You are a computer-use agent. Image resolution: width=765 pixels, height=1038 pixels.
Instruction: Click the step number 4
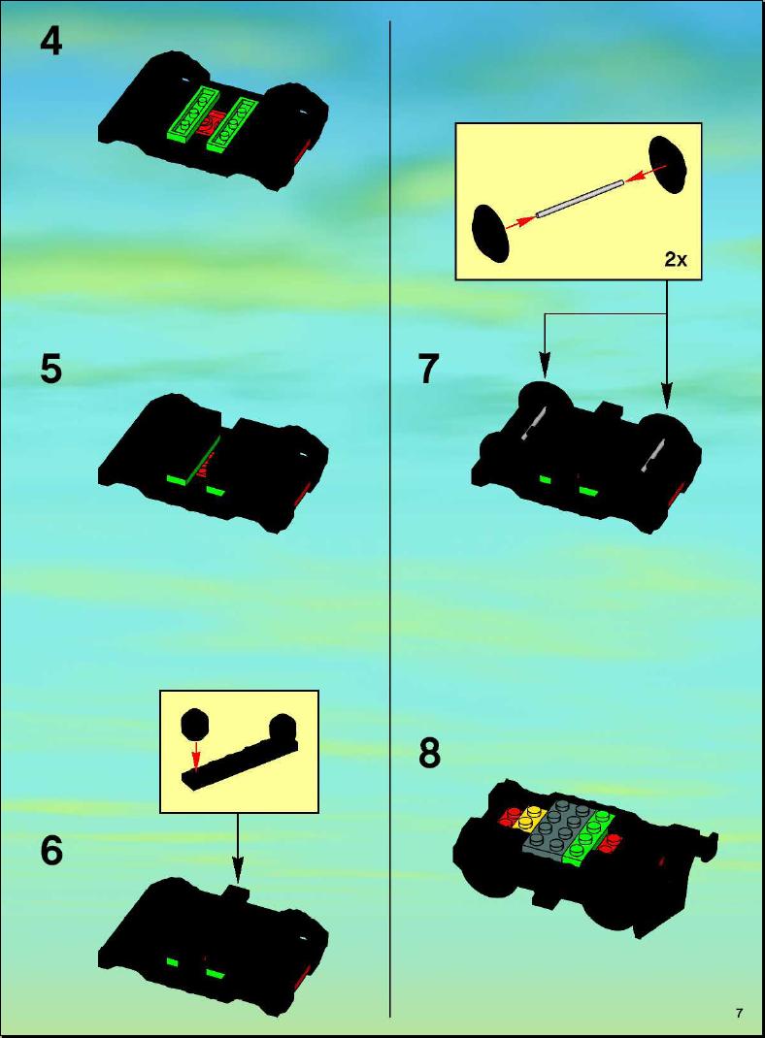[x=51, y=42]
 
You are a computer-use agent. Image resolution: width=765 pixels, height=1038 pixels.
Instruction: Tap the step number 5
[x=51, y=370]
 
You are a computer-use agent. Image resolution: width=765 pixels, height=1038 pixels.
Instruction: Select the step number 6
[x=51, y=851]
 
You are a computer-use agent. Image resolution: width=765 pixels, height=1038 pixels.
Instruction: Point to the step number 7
[x=428, y=370]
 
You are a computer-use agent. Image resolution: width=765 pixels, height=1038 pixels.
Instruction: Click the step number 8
[x=429, y=754]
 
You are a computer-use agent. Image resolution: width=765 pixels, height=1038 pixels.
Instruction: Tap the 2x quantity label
[x=676, y=260]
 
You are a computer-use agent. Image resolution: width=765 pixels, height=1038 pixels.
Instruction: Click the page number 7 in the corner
[x=739, y=1013]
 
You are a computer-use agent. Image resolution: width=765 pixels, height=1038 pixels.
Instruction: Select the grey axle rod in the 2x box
[x=580, y=199]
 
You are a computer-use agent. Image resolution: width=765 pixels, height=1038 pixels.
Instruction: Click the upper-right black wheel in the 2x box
[x=666, y=164]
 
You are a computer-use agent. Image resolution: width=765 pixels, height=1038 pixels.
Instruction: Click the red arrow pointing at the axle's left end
[x=521, y=222]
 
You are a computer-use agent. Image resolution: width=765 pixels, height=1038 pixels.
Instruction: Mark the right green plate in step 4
[x=232, y=125]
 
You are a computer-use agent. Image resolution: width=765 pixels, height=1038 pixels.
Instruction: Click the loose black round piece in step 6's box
[x=195, y=725]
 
